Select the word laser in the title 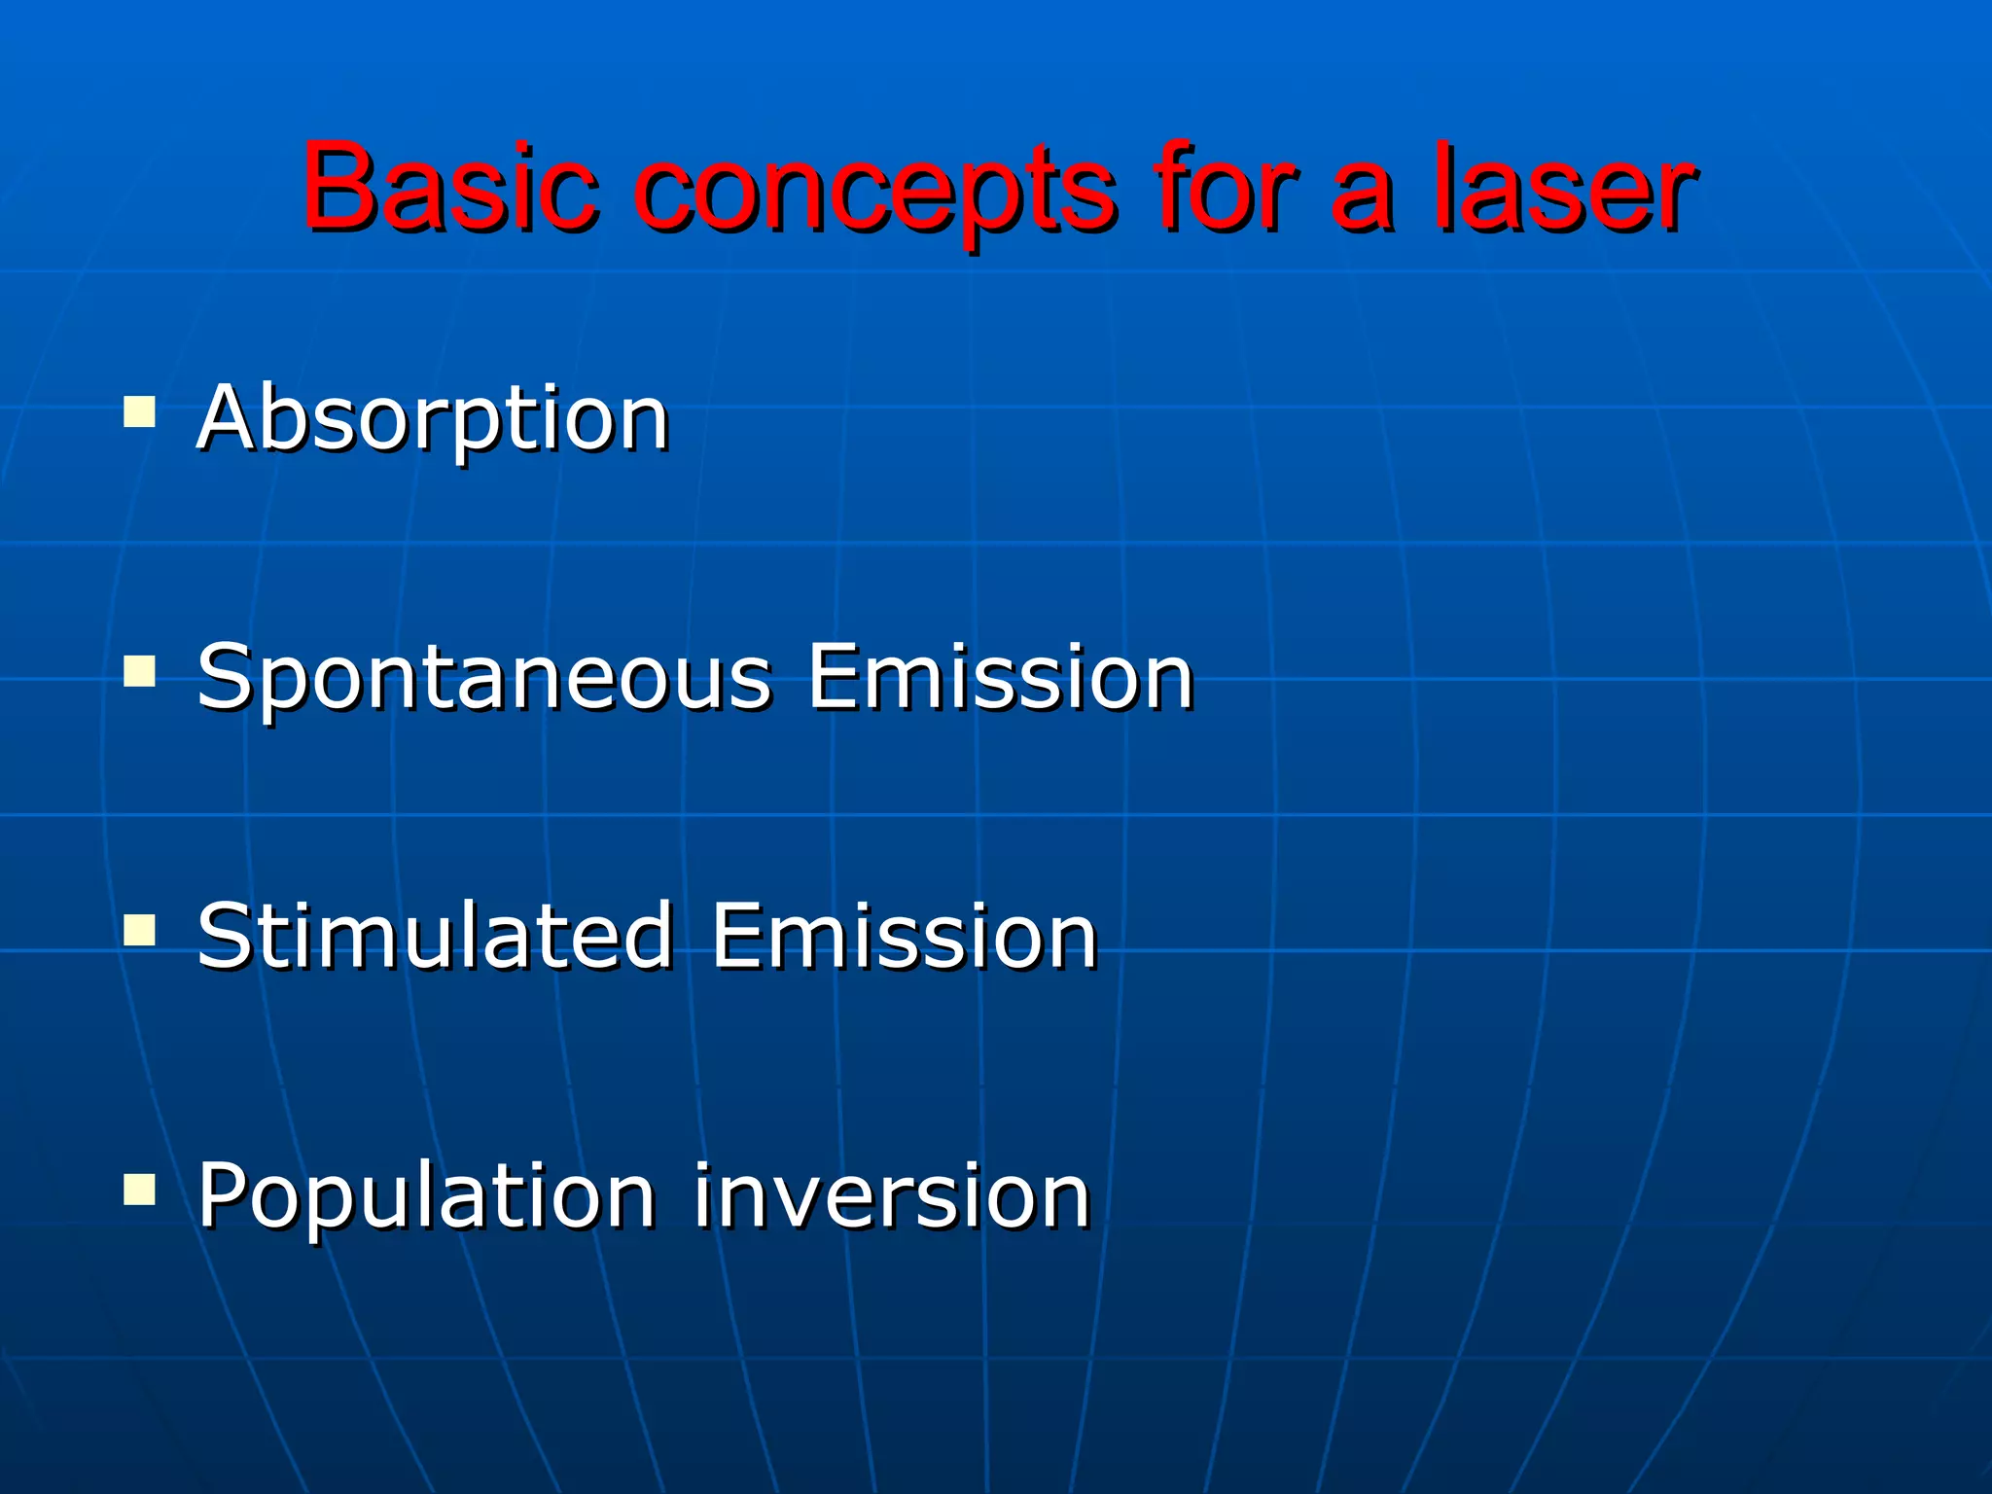(x=1564, y=187)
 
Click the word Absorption (x=434, y=420)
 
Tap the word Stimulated (x=435, y=936)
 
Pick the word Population (x=426, y=1198)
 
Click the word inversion (x=892, y=1196)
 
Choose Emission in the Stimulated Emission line (x=905, y=936)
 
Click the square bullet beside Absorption (x=140, y=411)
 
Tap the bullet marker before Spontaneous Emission (x=140, y=671)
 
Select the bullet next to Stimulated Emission (x=140, y=930)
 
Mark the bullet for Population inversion (x=140, y=1189)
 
